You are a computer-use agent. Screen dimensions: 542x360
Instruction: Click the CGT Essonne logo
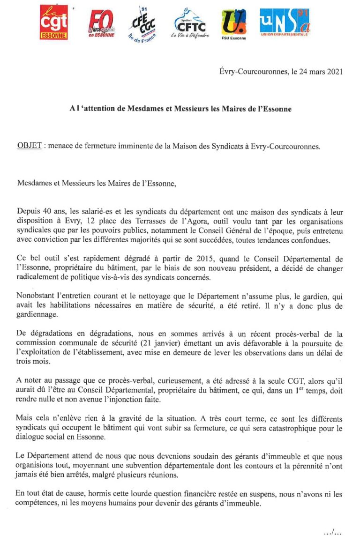(53, 22)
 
